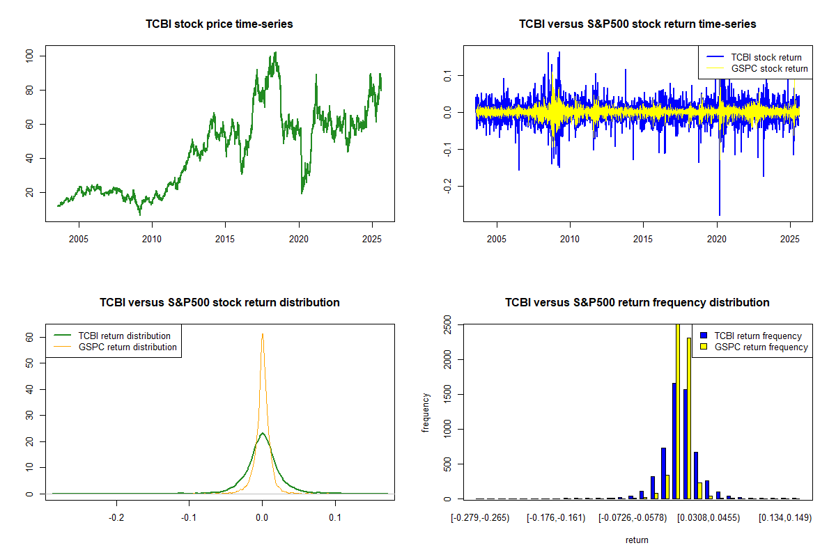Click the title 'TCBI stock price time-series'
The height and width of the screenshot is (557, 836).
pos(219,24)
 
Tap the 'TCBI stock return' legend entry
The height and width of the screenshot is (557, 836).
pos(766,57)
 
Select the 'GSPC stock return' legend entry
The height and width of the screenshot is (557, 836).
pos(769,68)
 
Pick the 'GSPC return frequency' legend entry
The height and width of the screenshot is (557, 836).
pos(761,347)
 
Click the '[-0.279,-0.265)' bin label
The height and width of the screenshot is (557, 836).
pos(481,518)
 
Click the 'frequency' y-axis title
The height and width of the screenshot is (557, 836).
pos(426,413)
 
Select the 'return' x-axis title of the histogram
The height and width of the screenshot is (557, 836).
pos(637,540)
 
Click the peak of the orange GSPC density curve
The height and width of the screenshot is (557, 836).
pos(262,334)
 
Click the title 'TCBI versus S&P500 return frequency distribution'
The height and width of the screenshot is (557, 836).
pos(637,303)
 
